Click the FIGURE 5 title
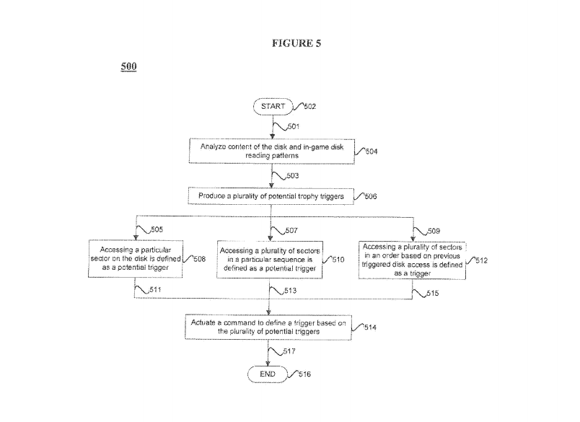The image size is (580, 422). pos(296,43)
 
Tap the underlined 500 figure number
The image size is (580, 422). pos(128,67)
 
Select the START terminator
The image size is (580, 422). pos(270,106)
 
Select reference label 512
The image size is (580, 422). pos(483,260)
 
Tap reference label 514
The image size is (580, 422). pos(369,328)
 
